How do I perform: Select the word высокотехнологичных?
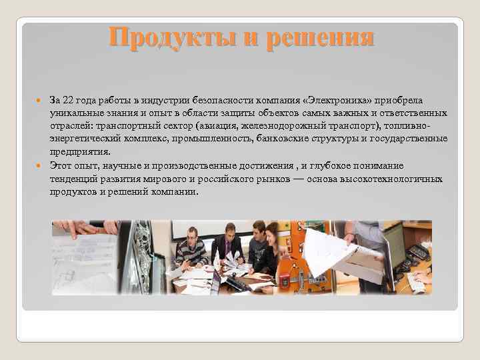(x=391, y=179)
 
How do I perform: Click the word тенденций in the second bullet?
(x=72, y=179)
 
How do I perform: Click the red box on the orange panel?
(x=293, y=280)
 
